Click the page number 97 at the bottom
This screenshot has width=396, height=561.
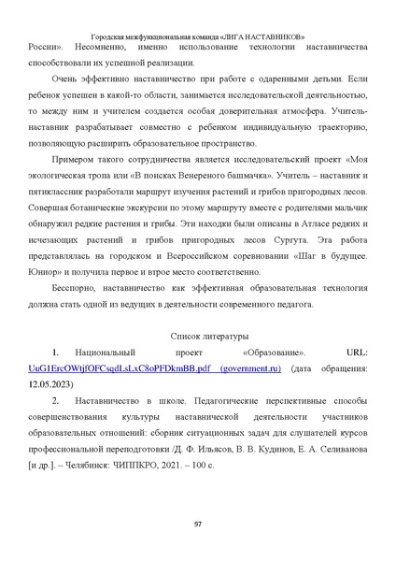click(x=198, y=523)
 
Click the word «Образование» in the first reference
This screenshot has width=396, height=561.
click(x=271, y=353)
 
